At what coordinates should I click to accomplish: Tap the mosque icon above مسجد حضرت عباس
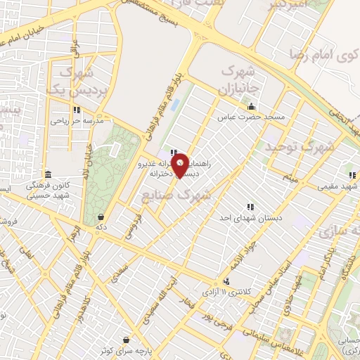click(252, 107)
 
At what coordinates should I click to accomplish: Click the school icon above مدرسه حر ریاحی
click(77, 110)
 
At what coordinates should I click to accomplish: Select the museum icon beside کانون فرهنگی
click(48, 174)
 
